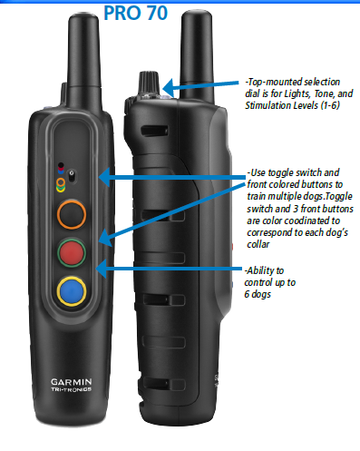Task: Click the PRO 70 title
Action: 135,13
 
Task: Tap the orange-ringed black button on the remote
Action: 72,214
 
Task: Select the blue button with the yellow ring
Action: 72,291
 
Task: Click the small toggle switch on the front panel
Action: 72,176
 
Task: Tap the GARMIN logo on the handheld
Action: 72,382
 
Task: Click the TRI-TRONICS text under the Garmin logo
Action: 72,389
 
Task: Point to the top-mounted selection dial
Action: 149,83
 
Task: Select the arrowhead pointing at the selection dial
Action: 168,88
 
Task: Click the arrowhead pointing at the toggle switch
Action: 104,177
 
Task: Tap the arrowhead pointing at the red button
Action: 105,238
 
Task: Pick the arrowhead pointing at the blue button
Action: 102,269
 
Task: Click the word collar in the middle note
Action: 258,244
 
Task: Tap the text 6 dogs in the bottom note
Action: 258,294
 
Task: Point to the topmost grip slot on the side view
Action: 154,131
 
